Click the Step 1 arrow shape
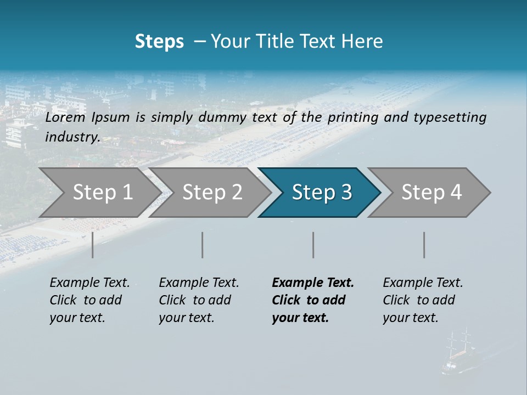[99, 193]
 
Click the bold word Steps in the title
[159, 41]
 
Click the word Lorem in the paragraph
[65, 117]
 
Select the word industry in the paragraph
[72, 137]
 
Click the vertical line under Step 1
[93, 245]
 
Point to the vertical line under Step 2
[203, 245]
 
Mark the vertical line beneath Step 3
[313, 245]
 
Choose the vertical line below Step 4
[424, 245]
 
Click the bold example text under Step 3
[312, 300]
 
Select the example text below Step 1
[89, 300]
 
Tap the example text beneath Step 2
[199, 300]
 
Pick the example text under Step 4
[423, 300]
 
